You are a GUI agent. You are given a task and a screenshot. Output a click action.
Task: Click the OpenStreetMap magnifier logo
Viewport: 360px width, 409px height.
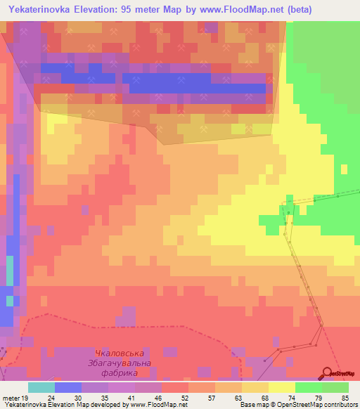[327, 373]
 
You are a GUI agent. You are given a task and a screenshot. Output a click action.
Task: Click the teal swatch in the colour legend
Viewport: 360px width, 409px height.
[41, 387]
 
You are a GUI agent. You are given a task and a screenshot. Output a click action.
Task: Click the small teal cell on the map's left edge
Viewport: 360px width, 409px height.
[10, 270]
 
